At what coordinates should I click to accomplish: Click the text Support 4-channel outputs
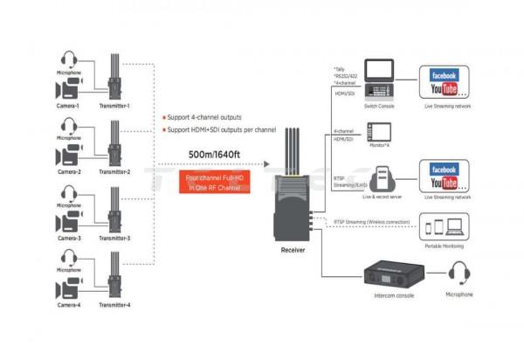tap(205, 116)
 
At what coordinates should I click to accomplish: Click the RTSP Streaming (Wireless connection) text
tap(369, 222)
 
